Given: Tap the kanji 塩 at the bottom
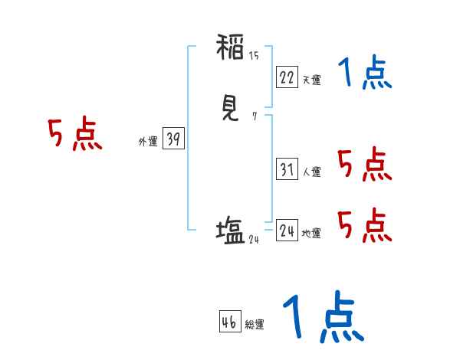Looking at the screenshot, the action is pyautogui.click(x=230, y=230).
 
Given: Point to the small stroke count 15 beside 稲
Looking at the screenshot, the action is pyautogui.click(x=254, y=55).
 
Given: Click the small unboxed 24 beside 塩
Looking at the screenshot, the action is pyautogui.click(x=255, y=239).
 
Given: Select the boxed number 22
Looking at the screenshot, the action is pyautogui.click(x=287, y=77).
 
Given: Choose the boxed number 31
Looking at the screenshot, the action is pyautogui.click(x=287, y=169).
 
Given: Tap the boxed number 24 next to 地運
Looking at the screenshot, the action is pyautogui.click(x=287, y=231).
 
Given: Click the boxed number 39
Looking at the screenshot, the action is pyautogui.click(x=173, y=139).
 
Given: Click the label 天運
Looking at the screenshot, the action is pyautogui.click(x=311, y=80).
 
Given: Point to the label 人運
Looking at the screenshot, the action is pyautogui.click(x=311, y=172).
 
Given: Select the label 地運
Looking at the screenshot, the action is pyautogui.click(x=311, y=234).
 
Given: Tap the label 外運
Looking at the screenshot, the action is pyautogui.click(x=148, y=142).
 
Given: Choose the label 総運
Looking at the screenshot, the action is pyautogui.click(x=255, y=324).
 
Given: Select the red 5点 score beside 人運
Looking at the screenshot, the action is pyautogui.click(x=364, y=164).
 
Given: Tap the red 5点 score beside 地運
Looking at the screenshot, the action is pyautogui.click(x=364, y=224).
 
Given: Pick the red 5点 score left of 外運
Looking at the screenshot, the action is pyautogui.click(x=75, y=136).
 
